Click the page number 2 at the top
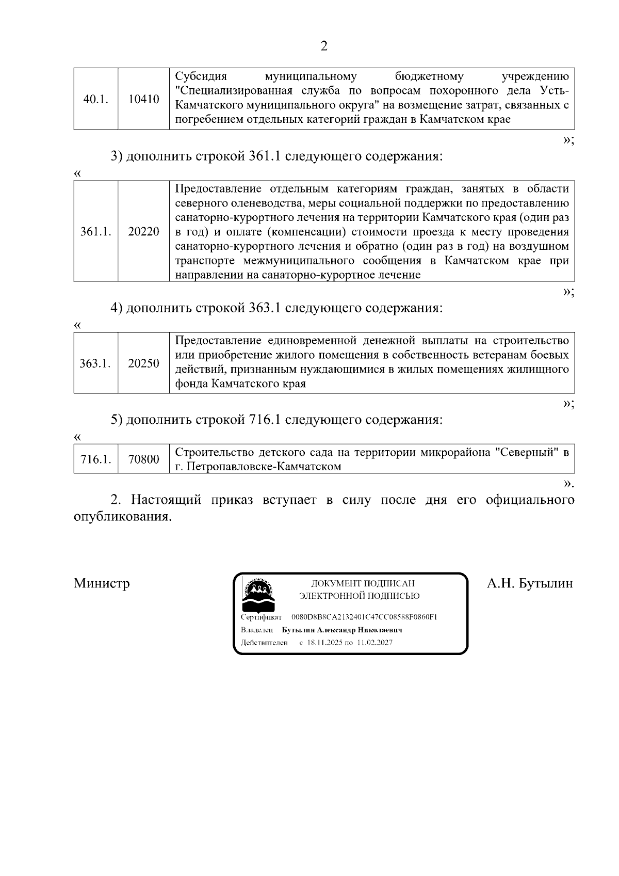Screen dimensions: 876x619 (324, 46)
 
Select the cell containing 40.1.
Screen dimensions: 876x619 (96, 99)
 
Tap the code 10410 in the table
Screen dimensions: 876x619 (144, 99)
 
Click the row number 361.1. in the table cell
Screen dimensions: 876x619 (96, 232)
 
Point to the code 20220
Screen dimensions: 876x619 (144, 232)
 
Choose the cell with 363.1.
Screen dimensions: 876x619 (95, 363)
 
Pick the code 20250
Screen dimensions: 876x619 (144, 363)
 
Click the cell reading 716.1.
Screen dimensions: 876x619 (96, 459)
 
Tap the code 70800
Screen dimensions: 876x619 (144, 459)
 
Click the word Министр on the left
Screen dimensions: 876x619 (102, 583)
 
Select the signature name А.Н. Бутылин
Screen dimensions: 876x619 (530, 583)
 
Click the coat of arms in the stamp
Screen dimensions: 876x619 (259, 595)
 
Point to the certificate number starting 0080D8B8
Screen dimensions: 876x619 (364, 617)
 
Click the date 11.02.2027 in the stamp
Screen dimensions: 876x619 (374, 643)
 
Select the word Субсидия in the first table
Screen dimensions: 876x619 (201, 77)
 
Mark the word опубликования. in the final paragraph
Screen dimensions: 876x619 (122, 517)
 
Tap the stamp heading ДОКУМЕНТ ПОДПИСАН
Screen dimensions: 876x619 (363, 583)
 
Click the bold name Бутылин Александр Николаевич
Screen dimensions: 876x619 (342, 630)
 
